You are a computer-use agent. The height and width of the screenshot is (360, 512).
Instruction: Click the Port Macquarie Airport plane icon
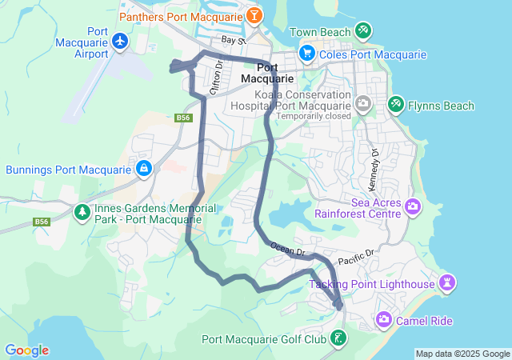[x=121, y=40]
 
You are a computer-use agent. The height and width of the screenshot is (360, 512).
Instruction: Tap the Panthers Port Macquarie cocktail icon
[x=254, y=15]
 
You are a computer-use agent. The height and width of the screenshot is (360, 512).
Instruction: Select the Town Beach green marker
[x=363, y=30]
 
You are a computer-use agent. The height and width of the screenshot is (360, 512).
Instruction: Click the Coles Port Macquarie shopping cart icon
[x=306, y=54]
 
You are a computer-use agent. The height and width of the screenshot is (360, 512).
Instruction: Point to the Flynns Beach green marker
[x=395, y=104]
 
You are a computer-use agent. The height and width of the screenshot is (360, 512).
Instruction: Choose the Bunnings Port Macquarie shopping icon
[x=143, y=168]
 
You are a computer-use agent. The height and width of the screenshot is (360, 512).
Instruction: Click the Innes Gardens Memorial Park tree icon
[x=82, y=212]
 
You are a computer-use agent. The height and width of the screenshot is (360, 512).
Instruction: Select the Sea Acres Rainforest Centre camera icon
[x=414, y=207]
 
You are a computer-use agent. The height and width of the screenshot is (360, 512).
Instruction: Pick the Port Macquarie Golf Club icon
[x=339, y=338]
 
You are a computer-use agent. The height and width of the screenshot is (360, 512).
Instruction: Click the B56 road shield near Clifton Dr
[x=183, y=118]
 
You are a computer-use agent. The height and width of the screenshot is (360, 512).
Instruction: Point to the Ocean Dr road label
[x=287, y=250]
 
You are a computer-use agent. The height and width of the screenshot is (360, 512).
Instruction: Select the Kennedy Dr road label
[x=374, y=168]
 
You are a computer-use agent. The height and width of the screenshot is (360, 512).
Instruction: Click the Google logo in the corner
[x=26, y=350]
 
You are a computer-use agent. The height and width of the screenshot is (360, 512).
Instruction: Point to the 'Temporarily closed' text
[x=314, y=116]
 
